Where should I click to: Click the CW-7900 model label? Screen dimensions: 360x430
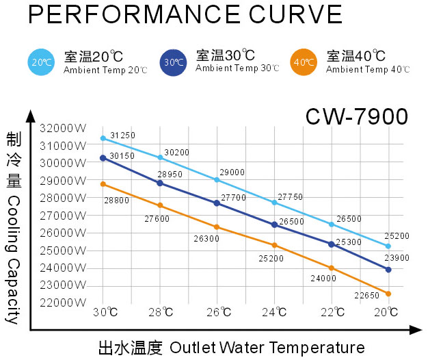(x=356, y=116)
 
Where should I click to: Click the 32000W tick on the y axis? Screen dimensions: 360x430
(x=63, y=128)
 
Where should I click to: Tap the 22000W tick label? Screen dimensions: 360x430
(x=63, y=303)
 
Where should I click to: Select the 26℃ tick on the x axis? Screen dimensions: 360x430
(x=217, y=312)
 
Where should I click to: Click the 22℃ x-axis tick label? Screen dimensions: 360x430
(x=332, y=312)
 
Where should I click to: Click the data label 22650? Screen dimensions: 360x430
(x=366, y=296)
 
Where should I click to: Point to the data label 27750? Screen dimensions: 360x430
(x=291, y=196)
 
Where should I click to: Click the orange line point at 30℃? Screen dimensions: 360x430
(x=103, y=184)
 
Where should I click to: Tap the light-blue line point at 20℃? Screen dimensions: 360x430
(x=388, y=246)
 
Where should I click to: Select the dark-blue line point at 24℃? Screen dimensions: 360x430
(x=274, y=224)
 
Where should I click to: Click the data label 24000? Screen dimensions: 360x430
(x=323, y=279)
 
